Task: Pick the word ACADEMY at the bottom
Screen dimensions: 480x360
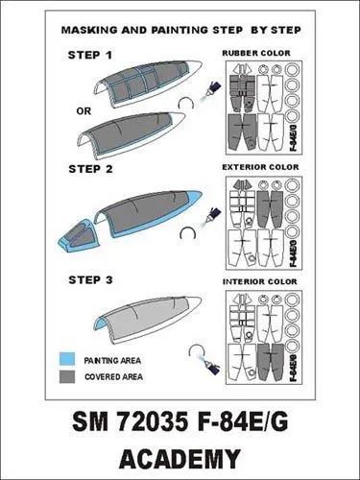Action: tap(180, 456)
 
